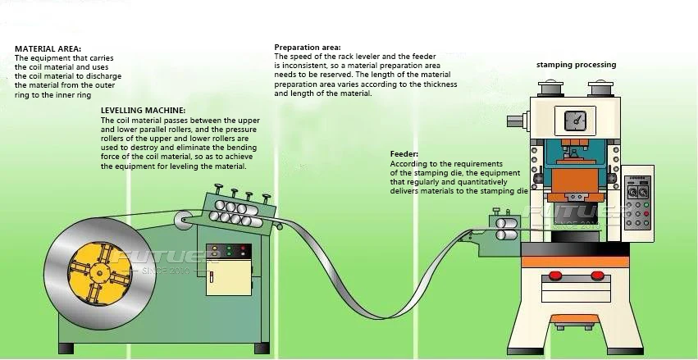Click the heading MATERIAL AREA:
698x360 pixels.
(48, 48)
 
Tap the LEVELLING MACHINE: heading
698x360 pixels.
(143, 109)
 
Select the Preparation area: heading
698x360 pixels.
(308, 48)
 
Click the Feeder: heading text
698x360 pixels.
(404, 153)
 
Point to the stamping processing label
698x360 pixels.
(576, 65)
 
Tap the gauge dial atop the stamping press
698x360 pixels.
(577, 120)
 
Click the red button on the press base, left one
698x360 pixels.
(554, 276)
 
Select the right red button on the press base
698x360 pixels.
(600, 276)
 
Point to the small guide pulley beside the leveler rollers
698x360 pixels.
(188, 220)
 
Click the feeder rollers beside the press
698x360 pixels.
(505, 229)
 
